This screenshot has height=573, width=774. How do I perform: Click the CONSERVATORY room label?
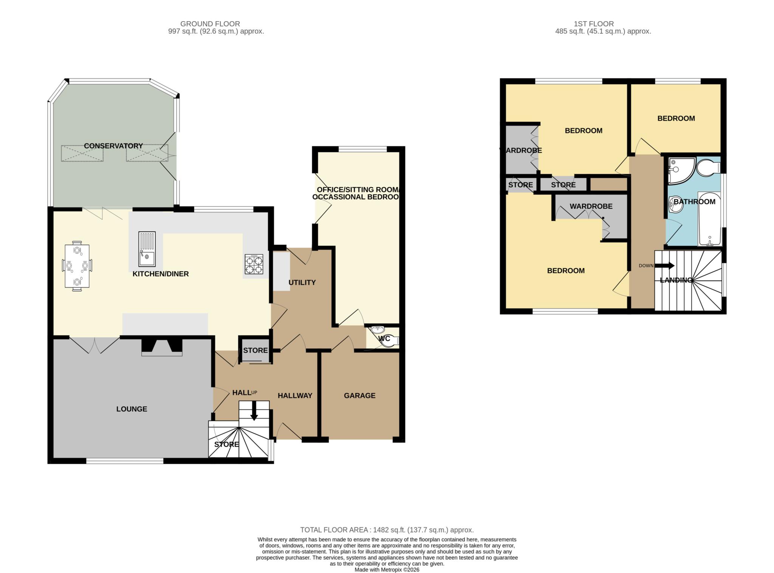pos(113,146)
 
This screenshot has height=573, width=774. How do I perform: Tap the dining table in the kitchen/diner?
pos(77,266)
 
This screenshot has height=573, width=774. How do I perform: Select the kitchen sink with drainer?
pos(147,249)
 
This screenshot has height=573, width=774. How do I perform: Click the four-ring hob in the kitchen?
pos(254,264)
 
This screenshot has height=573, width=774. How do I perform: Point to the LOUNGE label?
pos(132,409)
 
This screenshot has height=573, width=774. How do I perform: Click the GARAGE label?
pos(359,395)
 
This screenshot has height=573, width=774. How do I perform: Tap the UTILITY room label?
pos(302,283)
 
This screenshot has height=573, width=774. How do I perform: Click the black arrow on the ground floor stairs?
pos(254,411)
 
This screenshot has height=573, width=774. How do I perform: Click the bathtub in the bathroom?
pos(710,219)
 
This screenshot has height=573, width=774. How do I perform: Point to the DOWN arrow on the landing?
pos(664,266)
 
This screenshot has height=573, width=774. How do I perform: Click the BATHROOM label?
pos(695,202)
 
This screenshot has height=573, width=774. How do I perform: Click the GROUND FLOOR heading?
pos(210,24)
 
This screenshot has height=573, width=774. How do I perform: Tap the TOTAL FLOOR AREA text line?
pos(387,530)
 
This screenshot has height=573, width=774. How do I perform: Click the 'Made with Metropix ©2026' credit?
pos(387,570)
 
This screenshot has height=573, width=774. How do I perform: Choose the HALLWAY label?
pos(295,395)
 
